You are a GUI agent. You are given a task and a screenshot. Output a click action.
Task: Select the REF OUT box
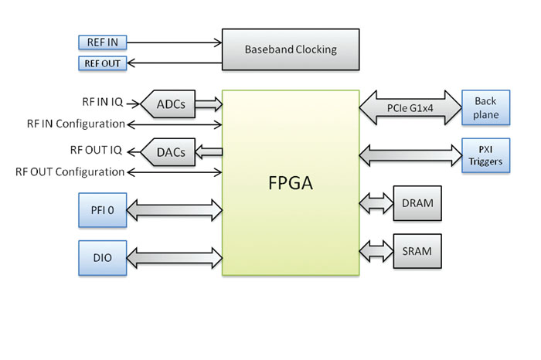(100, 63)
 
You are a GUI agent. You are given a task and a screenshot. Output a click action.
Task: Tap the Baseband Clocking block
(291, 49)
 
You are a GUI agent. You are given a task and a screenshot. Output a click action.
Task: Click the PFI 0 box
(103, 209)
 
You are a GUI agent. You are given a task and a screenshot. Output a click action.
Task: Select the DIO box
(103, 257)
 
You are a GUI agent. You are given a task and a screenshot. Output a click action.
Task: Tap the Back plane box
(485, 109)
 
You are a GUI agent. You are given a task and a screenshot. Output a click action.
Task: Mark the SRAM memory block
(417, 251)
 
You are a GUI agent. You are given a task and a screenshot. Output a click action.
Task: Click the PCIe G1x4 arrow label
(410, 108)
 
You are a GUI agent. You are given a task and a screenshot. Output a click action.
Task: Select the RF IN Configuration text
(76, 123)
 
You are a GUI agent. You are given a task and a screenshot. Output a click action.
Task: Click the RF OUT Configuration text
(70, 172)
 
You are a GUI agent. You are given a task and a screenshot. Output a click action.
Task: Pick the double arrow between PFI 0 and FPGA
(175, 209)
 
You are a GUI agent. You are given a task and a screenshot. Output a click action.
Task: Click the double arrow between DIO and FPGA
(175, 256)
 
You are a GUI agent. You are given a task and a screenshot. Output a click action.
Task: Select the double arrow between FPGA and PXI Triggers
(410, 152)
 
